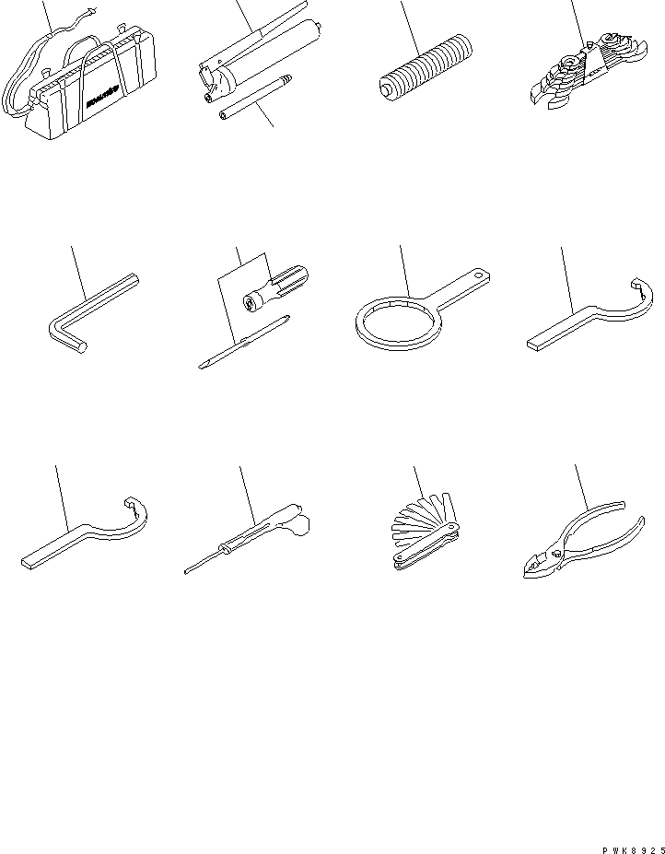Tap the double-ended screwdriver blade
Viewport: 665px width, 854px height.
(x=244, y=342)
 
